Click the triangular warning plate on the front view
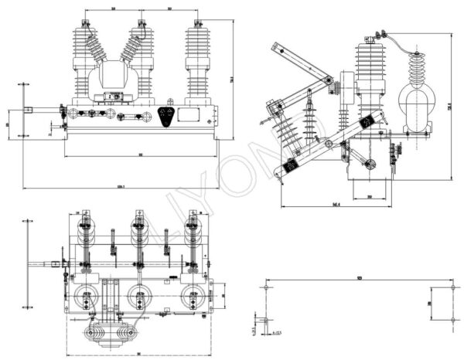coord(165,116)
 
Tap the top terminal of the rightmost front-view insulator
coord(197,23)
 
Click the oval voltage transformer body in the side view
coord(415,104)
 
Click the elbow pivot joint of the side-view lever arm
coord(329,81)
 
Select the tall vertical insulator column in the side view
coord(370,70)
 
